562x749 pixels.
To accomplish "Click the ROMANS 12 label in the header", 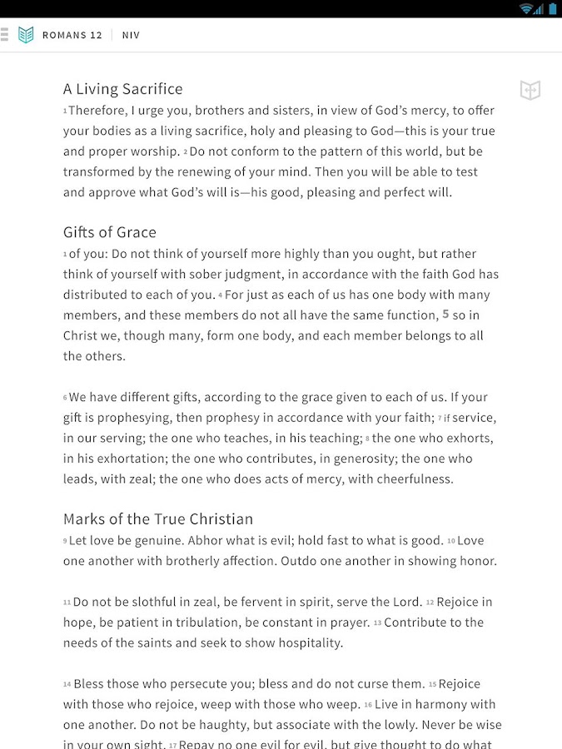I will pyautogui.click(x=72, y=35).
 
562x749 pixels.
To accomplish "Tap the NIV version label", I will pyautogui.click(x=131, y=35).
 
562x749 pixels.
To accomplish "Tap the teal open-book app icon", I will pyautogui.click(x=26, y=35).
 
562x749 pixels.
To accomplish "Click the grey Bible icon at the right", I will pyautogui.click(x=530, y=90).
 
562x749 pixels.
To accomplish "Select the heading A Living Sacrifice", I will pyautogui.click(x=122, y=89).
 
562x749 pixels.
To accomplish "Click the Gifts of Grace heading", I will pyautogui.click(x=109, y=232).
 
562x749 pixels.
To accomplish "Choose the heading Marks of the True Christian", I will pyautogui.click(x=157, y=519).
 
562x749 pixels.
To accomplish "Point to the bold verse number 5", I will pyautogui.click(x=445, y=315).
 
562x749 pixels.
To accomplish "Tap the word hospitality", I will pyautogui.click(x=303, y=642).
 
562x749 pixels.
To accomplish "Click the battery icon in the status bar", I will pyautogui.click(x=552, y=8).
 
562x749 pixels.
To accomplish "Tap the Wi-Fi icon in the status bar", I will pyautogui.click(x=526, y=8).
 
